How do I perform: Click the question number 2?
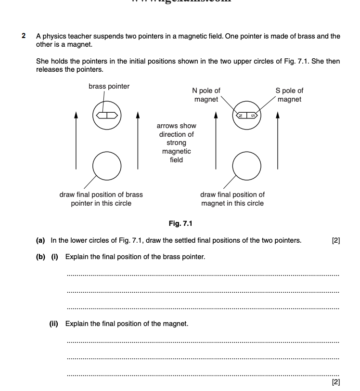pyautogui.click(x=24, y=36)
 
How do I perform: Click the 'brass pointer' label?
pyautogui.click(x=109, y=86)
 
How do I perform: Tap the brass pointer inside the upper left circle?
pyautogui.click(x=106, y=116)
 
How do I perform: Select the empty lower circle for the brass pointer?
pyautogui.click(x=106, y=165)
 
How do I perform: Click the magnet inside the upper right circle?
pyautogui.click(x=246, y=116)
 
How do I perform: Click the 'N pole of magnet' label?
pyautogui.click(x=206, y=95)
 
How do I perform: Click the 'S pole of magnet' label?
pyautogui.click(x=289, y=95)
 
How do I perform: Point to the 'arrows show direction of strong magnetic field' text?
pyautogui.click(x=176, y=143)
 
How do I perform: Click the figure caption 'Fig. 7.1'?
pyautogui.click(x=180, y=223)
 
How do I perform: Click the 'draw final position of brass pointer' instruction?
pyautogui.click(x=101, y=199)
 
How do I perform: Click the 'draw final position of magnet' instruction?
pyautogui.click(x=232, y=199)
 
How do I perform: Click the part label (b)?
pyautogui.click(x=40, y=257)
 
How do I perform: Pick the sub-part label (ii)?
pyautogui.click(x=53, y=324)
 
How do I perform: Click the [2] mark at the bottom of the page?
pyautogui.click(x=336, y=382)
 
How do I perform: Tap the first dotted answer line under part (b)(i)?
pyautogui.click(x=203, y=274)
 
